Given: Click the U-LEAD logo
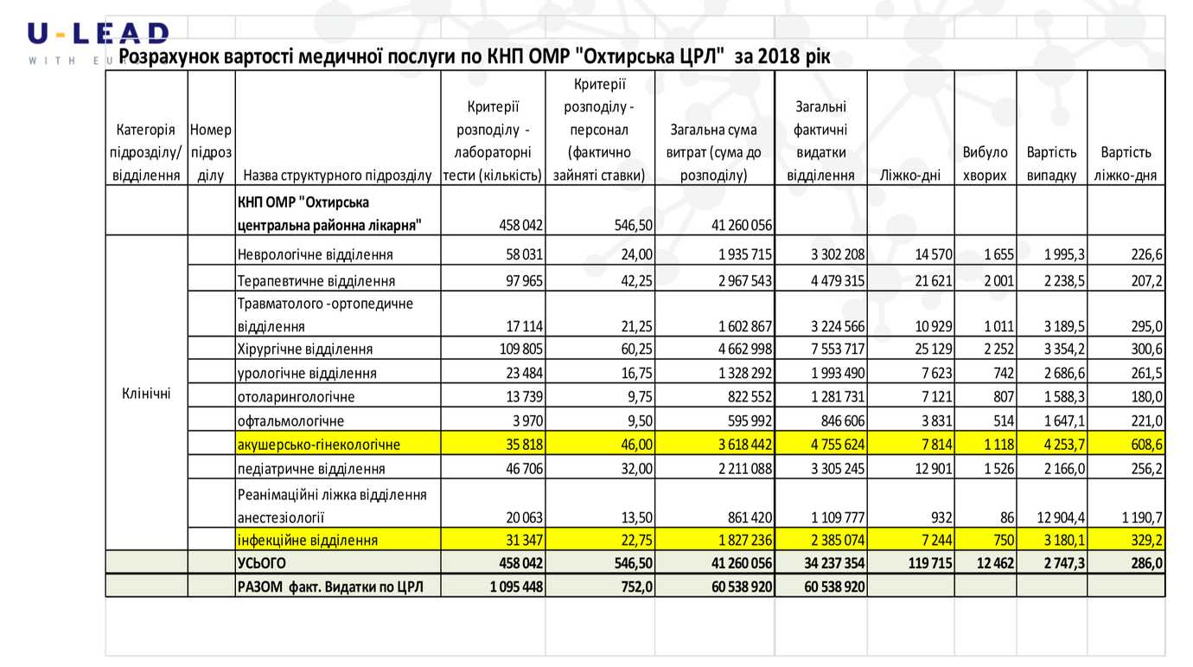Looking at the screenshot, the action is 99,42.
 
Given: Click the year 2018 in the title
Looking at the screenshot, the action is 779,56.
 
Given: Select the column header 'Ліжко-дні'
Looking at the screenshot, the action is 910,176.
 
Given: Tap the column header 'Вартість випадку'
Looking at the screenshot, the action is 1051,164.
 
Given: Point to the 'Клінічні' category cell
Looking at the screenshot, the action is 146,394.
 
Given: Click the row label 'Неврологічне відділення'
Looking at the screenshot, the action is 315,254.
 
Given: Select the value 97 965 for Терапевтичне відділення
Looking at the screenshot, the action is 524,281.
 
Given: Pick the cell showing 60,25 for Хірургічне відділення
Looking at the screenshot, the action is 636,350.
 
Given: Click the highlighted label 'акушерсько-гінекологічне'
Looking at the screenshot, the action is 318,444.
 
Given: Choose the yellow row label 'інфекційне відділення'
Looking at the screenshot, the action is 307,540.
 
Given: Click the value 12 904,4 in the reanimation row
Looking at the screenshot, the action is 1061,517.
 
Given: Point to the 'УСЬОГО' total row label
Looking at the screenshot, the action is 261,563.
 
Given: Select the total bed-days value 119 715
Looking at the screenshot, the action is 929,563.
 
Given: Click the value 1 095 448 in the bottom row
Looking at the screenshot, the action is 516,587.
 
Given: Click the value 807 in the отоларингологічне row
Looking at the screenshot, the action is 1004,397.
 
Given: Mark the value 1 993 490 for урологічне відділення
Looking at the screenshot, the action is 838,373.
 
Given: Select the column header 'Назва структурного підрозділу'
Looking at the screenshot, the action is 337,176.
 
